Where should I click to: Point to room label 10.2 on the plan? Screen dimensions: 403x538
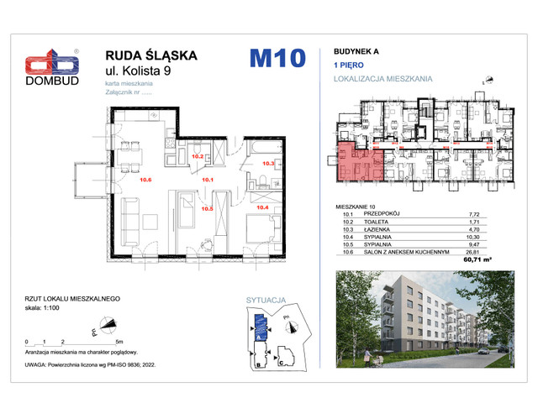pos(198,156)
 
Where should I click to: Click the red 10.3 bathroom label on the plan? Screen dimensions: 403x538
pos(269,164)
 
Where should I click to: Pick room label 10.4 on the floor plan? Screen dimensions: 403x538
pos(261,207)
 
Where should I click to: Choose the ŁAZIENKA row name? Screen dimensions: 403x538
pos(379,229)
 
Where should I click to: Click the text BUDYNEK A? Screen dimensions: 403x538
pos(349,51)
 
